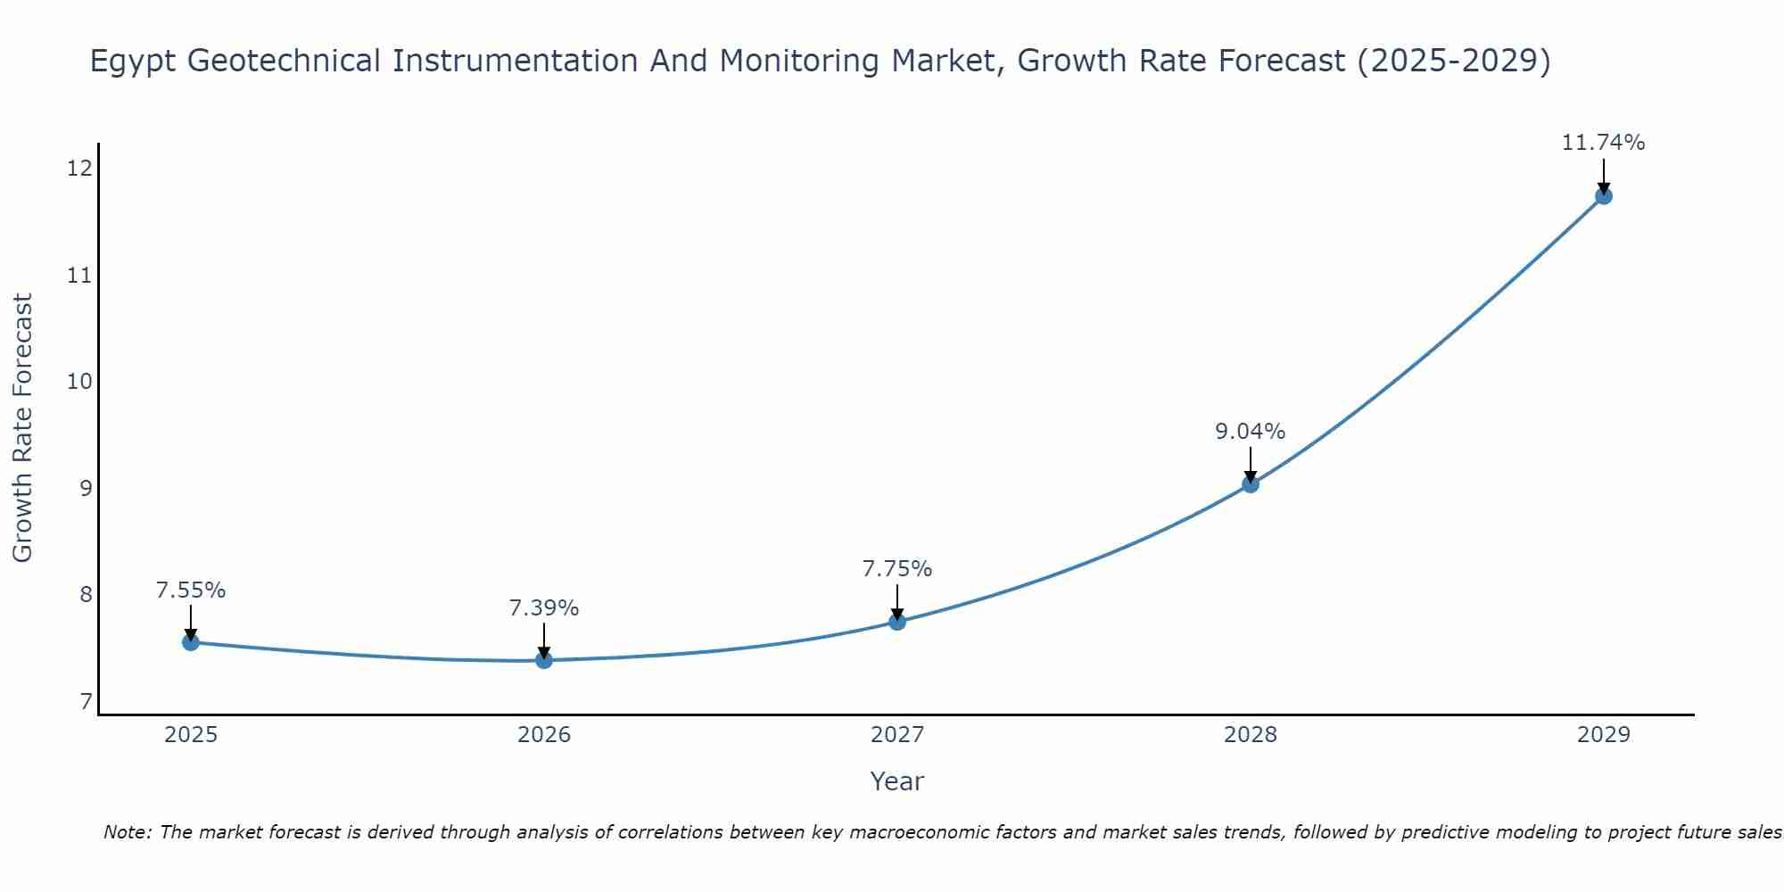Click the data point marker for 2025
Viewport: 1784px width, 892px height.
coord(191,642)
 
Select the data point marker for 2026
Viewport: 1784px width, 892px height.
coord(544,660)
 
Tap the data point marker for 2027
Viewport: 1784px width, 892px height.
coord(897,622)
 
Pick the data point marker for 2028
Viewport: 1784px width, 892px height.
coord(1251,484)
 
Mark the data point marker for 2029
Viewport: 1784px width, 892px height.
coord(1603,196)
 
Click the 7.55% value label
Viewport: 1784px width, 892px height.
coord(191,591)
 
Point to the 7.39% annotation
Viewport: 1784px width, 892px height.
coord(544,608)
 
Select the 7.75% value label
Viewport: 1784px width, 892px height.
coord(897,569)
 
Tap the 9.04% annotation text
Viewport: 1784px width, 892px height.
coord(1251,432)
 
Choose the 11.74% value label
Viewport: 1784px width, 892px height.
coord(1603,143)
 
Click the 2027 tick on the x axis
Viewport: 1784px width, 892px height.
coord(897,735)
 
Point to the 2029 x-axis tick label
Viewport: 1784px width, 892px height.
coord(1603,735)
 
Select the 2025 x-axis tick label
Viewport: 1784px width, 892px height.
coord(191,735)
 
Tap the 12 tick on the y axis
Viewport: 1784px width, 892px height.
coord(79,169)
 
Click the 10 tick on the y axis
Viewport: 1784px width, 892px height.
coord(79,382)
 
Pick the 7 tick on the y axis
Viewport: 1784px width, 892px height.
coord(86,702)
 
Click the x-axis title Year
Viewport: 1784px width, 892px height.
coord(897,781)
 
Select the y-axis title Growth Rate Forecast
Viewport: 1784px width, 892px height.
coord(23,428)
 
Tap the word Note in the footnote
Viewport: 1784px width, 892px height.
coord(128,832)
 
